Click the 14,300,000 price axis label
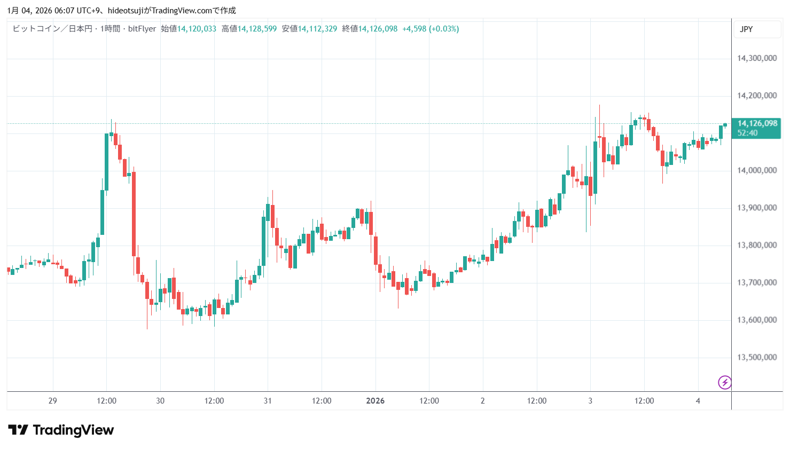coord(757,58)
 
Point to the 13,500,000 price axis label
coord(757,357)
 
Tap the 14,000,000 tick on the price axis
coord(757,170)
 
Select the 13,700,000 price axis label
coord(757,282)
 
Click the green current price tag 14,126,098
coord(757,123)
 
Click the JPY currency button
coord(746,29)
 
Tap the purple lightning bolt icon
coord(725,382)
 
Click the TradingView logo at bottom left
coord(61,430)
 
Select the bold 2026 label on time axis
coord(375,401)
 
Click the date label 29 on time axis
coord(52,401)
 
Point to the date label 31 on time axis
coord(268,401)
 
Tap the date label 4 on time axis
coord(698,401)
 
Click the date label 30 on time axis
coord(160,401)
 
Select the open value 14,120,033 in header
coord(197,29)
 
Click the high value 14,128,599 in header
coord(257,29)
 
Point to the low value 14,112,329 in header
coord(317,29)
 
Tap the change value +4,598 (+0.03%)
coord(431,29)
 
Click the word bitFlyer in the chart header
coord(142,29)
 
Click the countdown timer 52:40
coord(747,133)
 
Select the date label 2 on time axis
coord(482,401)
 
